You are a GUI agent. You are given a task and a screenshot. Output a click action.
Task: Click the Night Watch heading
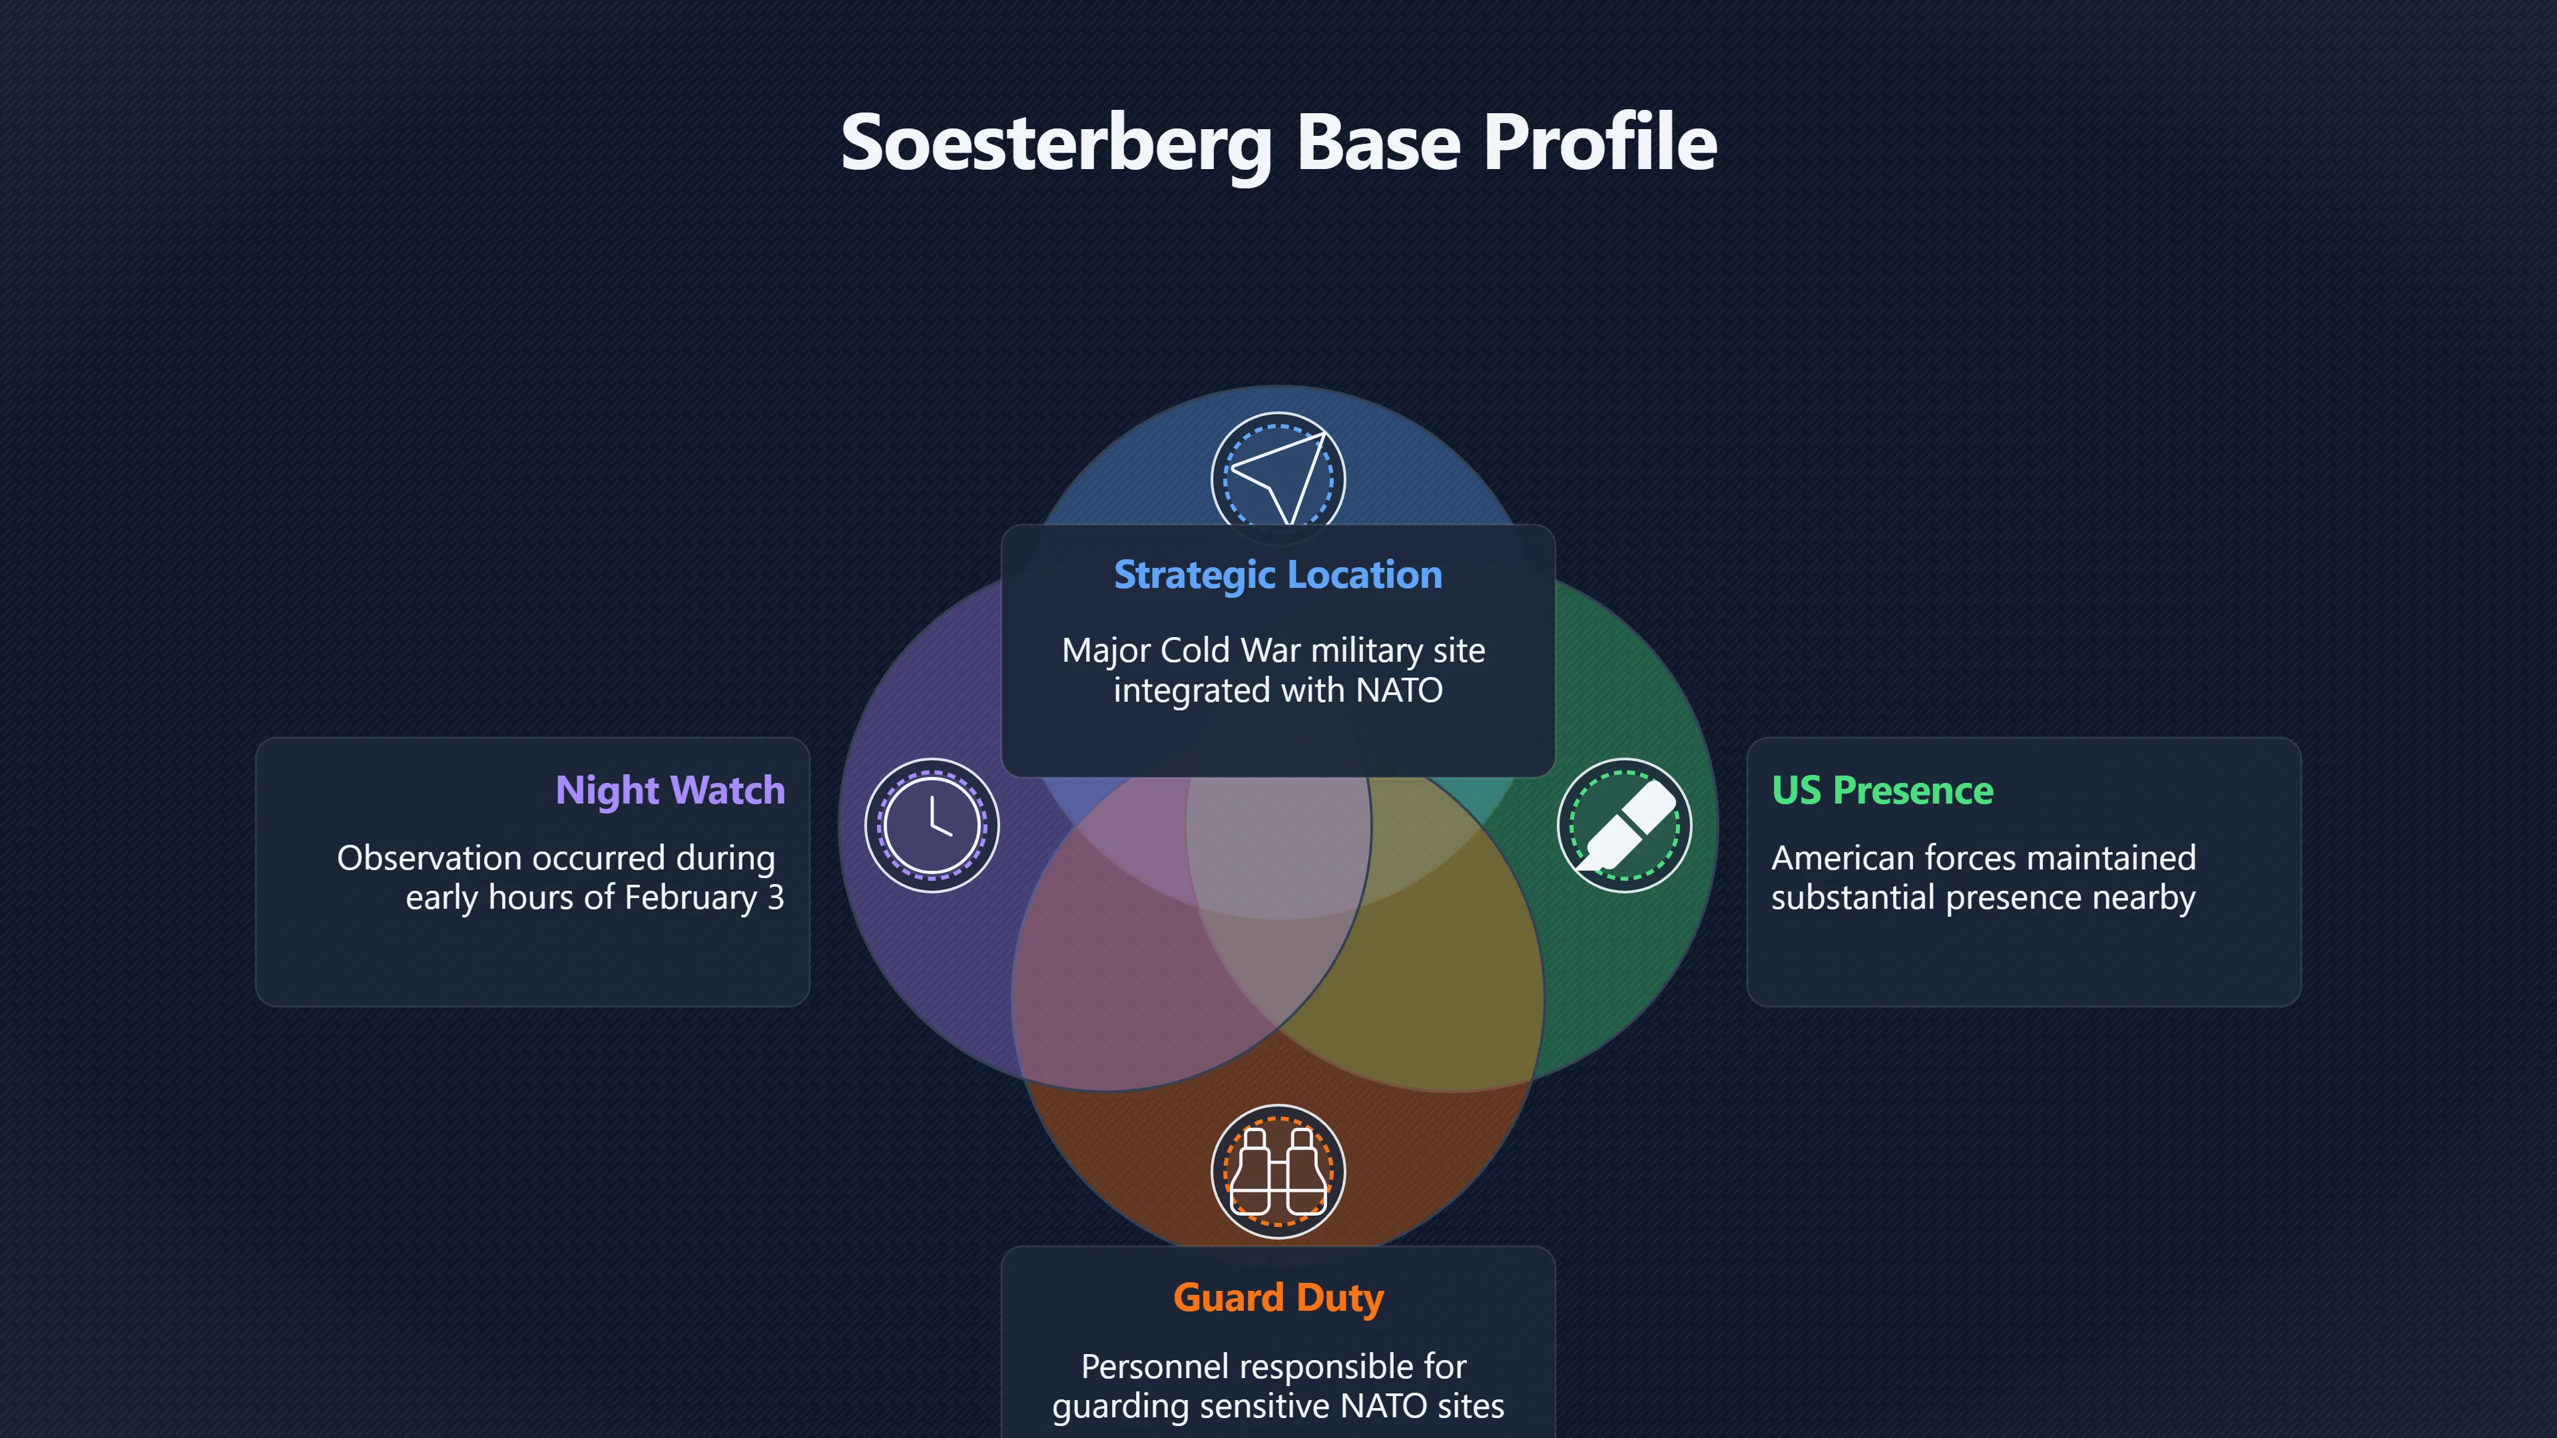[670, 790]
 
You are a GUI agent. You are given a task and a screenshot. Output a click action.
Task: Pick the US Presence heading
[1882, 790]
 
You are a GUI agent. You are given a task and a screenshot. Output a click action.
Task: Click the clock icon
[931, 826]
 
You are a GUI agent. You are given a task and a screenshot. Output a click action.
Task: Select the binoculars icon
[1278, 1171]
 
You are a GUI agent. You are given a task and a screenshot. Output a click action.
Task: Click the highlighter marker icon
[1624, 826]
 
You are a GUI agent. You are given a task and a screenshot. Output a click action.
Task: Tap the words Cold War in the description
[1231, 650]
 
